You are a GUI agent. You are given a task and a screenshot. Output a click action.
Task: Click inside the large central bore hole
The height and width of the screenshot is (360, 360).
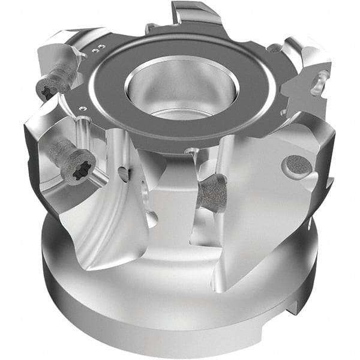pyautogui.click(x=180, y=90)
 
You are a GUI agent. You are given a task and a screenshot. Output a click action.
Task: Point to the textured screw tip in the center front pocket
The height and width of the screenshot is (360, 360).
pyautogui.click(x=211, y=193)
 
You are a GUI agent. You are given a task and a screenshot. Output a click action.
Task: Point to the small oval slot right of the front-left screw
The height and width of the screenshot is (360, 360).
pyautogui.click(x=125, y=174)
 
